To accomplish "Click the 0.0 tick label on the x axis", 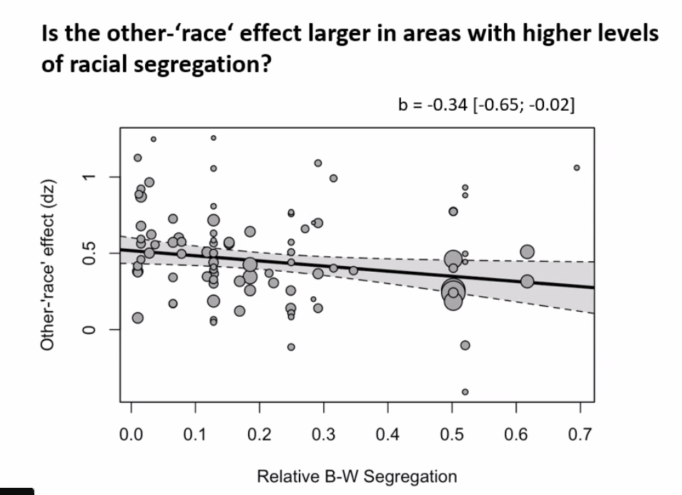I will tap(131, 433).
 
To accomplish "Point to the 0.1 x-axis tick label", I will tap(194, 433).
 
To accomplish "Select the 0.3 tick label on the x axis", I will tap(323, 433).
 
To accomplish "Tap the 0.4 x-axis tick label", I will tap(387, 433).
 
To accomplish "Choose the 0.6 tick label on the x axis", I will tap(515, 433).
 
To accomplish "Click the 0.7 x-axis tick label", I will tap(580, 433).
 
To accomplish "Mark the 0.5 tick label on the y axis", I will tap(87, 253).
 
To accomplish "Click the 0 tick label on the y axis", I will tap(87, 329).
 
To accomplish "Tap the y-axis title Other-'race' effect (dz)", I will tap(49, 274).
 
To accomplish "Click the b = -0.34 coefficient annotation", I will tap(486, 105).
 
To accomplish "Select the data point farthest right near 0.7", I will tap(577, 167).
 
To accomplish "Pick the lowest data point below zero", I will tap(465, 392).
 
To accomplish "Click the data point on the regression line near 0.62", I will tap(527, 282).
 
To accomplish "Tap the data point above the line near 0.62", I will tap(527, 252).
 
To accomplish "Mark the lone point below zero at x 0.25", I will tap(291, 347).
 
